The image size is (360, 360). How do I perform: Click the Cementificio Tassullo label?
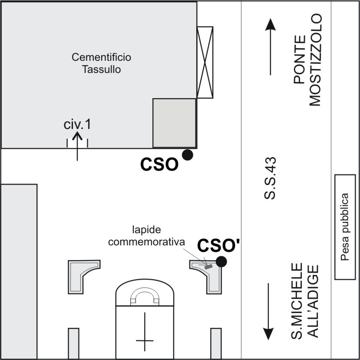[101, 63]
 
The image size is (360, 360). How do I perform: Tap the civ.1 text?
[77, 125]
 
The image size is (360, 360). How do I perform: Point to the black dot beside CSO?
[187, 155]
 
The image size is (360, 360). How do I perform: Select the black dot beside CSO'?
[221, 261]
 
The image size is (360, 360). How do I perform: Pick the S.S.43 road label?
[270, 178]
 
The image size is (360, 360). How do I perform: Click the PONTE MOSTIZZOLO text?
[307, 59]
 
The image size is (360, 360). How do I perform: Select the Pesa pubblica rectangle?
[345, 227]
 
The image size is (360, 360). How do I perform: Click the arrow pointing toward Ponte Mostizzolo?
[270, 46]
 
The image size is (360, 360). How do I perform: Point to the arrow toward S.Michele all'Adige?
[268, 311]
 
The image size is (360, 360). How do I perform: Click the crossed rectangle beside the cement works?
[205, 62]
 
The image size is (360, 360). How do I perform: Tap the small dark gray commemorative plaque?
[208, 267]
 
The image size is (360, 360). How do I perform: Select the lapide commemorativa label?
[146, 236]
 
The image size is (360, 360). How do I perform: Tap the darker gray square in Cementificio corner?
[175, 123]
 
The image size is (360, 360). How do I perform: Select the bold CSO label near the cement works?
[159, 165]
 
